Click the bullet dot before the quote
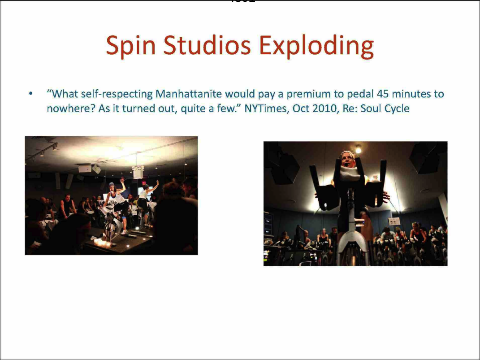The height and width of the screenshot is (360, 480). pos(30,95)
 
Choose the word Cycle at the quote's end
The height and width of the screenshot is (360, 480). pos(397,108)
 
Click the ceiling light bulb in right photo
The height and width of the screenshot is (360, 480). pos(358,148)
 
